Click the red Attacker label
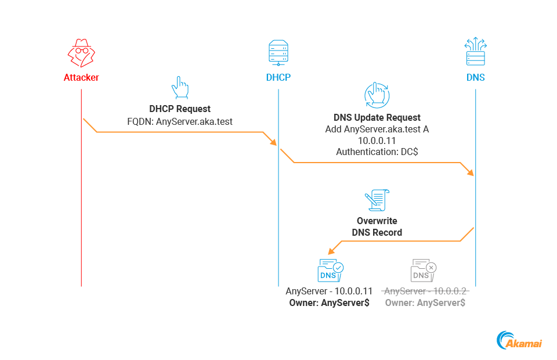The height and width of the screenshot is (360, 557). [81, 78]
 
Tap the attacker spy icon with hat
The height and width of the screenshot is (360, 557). [81, 53]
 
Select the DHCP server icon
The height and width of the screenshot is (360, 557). [278, 53]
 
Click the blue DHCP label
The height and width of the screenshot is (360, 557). [278, 78]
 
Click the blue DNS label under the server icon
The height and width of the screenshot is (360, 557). [475, 78]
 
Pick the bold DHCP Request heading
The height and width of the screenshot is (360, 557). [180, 109]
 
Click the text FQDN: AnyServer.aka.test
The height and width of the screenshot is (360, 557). [180, 121]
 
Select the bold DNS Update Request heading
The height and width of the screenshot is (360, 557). [377, 117]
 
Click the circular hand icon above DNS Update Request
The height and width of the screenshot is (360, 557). [377, 94]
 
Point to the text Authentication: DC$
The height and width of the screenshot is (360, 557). [377, 152]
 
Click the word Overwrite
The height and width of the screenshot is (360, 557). [377, 221]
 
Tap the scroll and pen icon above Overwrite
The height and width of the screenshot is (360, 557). [377, 201]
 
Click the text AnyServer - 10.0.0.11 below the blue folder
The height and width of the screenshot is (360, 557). [330, 291]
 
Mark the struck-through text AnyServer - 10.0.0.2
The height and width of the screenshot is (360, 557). [425, 291]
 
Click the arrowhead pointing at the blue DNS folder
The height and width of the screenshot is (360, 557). [331, 252]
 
